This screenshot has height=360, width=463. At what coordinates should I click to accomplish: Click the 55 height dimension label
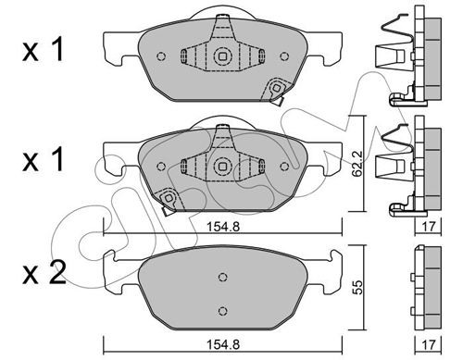point(357,288)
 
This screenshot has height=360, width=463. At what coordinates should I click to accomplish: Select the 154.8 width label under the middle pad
point(223,227)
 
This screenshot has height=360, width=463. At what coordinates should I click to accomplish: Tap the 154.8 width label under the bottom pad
point(223,344)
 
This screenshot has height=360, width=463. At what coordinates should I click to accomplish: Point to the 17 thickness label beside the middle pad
point(429,227)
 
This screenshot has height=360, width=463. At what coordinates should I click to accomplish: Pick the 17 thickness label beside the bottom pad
point(429,344)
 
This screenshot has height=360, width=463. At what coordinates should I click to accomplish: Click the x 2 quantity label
point(44,272)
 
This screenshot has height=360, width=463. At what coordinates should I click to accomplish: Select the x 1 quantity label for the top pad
point(44,49)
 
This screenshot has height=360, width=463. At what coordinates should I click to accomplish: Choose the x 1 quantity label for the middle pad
point(44,159)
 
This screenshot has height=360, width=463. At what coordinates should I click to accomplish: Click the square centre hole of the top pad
point(222,56)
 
